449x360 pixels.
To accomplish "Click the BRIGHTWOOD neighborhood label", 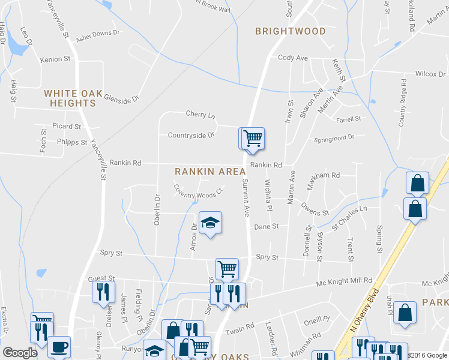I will tap(290, 31).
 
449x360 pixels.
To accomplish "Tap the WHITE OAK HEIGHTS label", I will tap(70, 98).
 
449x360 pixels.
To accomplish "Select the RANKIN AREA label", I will tap(210, 172).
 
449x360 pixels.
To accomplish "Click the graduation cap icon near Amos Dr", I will tap(210, 223).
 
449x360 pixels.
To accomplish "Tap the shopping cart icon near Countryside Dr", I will tap(253, 139).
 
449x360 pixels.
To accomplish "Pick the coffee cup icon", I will tap(59, 346).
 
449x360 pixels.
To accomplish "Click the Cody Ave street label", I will tap(292, 58).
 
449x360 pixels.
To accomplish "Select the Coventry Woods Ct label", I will tap(198, 194).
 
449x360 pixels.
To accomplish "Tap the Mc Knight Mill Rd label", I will tap(345, 281).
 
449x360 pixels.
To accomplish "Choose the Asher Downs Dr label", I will tap(98, 35).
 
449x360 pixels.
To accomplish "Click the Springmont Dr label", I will tap(334, 139).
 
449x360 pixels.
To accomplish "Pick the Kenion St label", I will tap(55, 60).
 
